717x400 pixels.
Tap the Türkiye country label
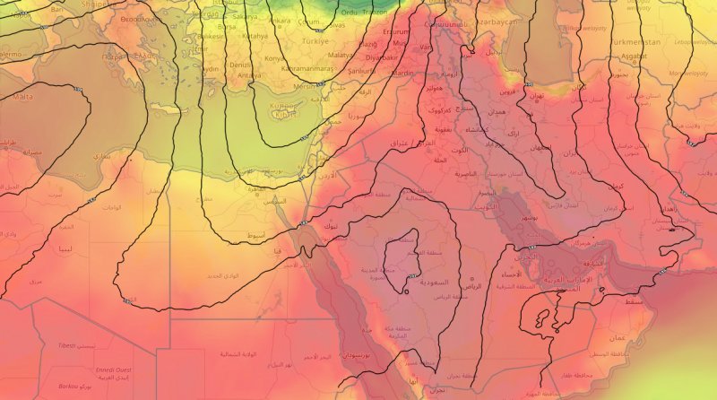[x=316, y=42]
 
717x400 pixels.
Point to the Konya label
[x=273, y=58]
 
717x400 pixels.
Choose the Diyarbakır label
[x=381, y=56]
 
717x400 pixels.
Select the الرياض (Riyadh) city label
[x=472, y=286]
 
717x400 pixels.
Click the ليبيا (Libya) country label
[x=65, y=248]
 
